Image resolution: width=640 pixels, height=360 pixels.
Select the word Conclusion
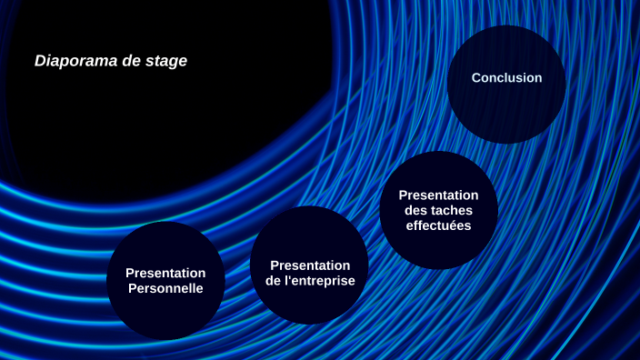pyautogui.click(x=506, y=78)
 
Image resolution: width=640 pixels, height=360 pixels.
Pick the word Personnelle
pyautogui.click(x=165, y=289)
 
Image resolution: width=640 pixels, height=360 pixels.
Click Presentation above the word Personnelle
pyautogui.click(x=165, y=273)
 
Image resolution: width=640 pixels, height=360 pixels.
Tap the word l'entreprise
pyautogui.click(x=319, y=281)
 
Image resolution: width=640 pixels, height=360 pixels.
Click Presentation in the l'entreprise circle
pyautogui.click(x=310, y=265)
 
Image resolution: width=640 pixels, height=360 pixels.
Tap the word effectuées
pyautogui.click(x=438, y=225)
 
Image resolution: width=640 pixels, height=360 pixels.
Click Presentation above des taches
pyautogui.click(x=438, y=195)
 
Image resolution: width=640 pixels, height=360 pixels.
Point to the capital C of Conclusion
pyautogui.click(x=476, y=78)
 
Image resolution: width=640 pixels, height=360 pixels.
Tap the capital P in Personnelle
pyautogui.click(x=133, y=289)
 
